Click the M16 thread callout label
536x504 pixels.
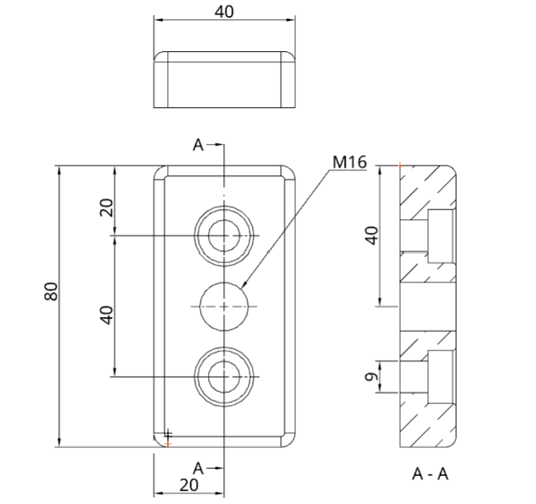click(x=350, y=162)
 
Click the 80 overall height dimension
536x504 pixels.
click(x=51, y=291)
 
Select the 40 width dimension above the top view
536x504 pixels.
click(x=224, y=12)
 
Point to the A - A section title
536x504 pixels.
click(x=430, y=474)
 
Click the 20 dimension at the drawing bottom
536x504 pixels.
click(x=189, y=485)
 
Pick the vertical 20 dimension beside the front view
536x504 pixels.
click(x=106, y=207)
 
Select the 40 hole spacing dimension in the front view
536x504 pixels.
click(x=106, y=315)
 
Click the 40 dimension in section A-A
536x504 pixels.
click(x=373, y=235)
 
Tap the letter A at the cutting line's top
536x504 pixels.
click(x=198, y=145)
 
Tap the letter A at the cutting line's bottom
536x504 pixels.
click(x=198, y=469)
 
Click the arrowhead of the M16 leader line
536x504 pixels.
click(x=245, y=284)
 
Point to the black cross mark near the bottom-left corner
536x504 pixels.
click(x=168, y=435)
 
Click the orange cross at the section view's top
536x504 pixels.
click(x=400, y=166)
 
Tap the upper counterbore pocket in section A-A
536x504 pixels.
click(x=442, y=236)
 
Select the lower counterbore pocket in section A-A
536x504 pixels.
click(x=442, y=377)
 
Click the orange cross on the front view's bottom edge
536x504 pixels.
click(x=168, y=444)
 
